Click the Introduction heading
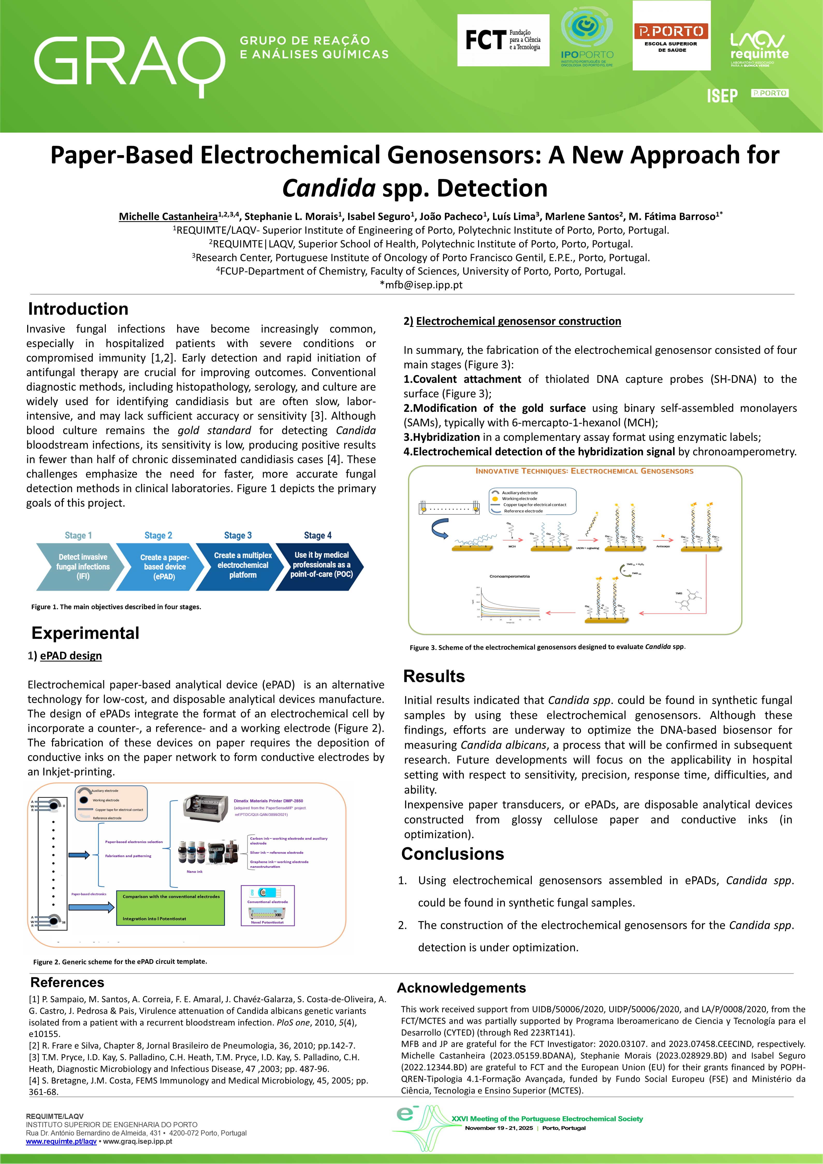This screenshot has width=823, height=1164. pos(78,309)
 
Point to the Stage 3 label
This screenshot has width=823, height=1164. pos(238,535)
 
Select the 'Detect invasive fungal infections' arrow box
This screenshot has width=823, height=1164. pos(81,566)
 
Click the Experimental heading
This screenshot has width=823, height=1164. pos(85,633)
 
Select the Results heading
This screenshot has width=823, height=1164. pos(434,676)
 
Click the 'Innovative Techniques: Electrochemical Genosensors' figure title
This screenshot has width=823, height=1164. pos(584,471)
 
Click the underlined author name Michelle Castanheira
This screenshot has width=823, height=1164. pos(168,217)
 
